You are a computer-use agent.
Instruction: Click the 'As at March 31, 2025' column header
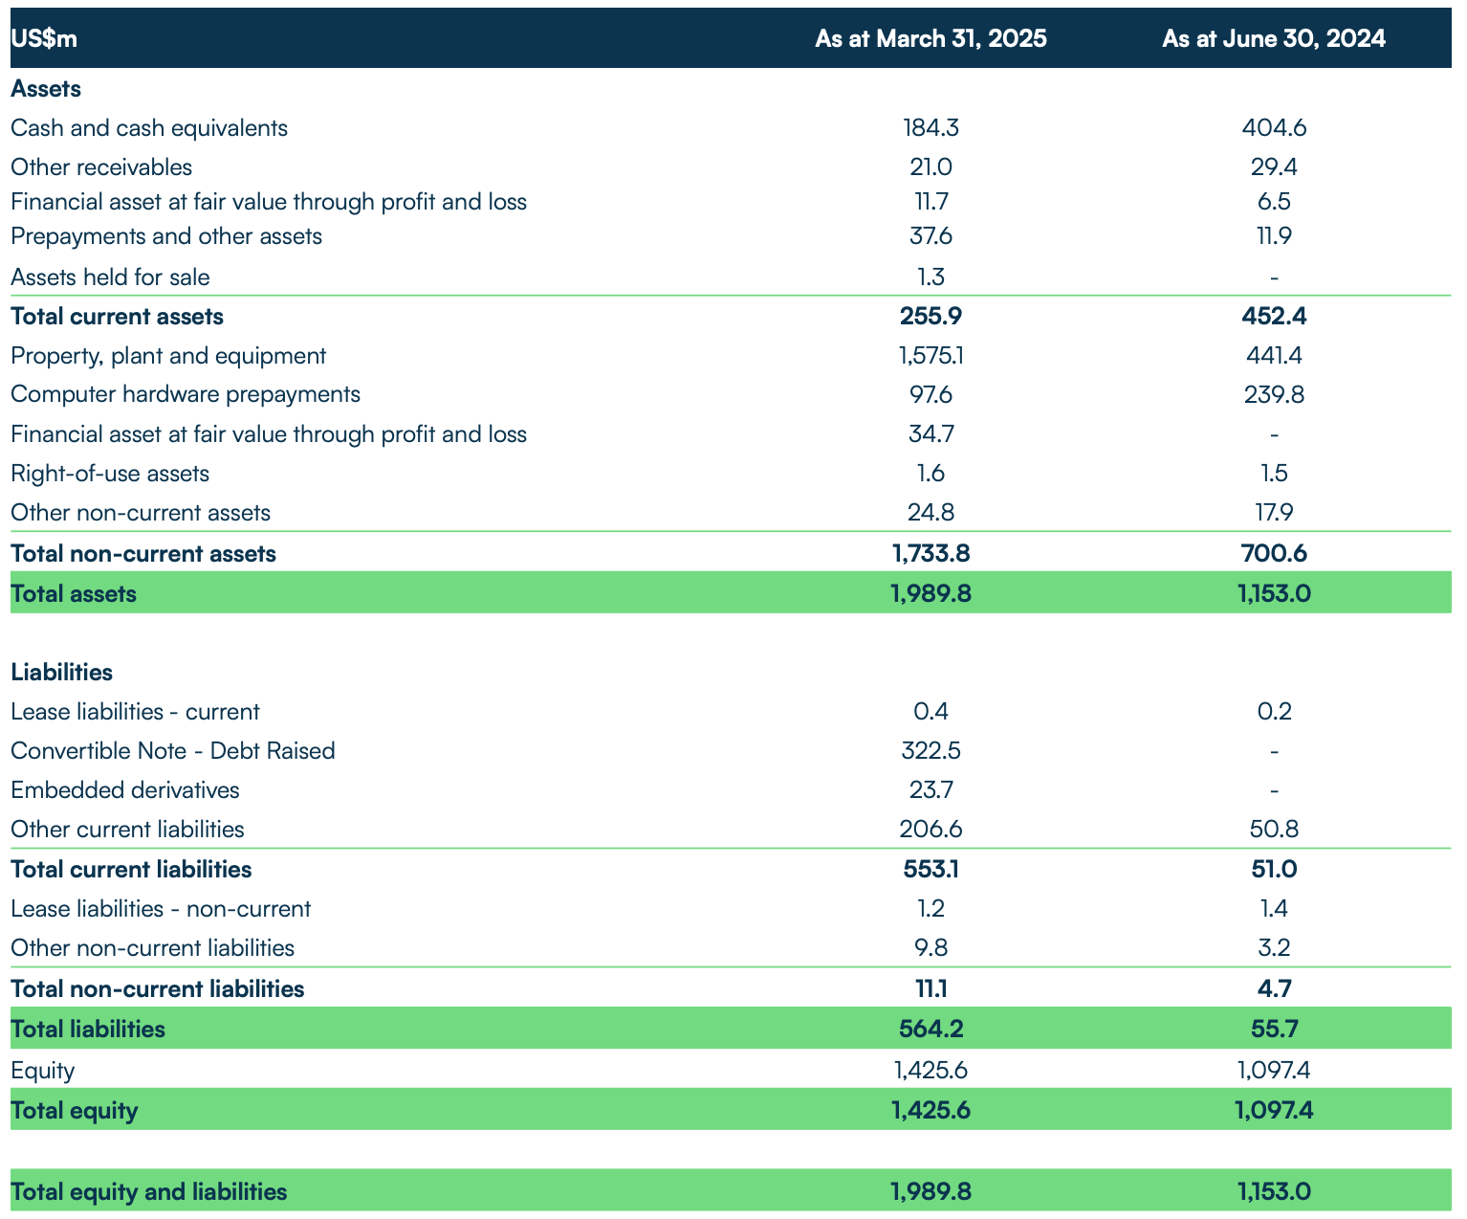pos(931,38)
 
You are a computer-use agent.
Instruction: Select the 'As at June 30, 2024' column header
pos(1274,38)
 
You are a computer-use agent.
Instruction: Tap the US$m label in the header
pos(44,38)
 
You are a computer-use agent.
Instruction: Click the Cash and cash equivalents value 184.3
pos(931,128)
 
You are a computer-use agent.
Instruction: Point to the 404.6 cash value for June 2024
pos(1274,128)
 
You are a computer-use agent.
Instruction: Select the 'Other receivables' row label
pos(101,167)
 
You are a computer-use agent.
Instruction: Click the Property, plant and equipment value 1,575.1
pos(931,356)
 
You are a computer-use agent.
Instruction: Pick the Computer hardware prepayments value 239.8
pos(1274,394)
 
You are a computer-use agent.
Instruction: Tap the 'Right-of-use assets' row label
pos(110,474)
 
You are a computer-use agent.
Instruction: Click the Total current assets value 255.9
pos(931,317)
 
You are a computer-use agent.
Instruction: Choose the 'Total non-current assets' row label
pos(143,553)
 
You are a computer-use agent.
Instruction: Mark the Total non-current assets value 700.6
pos(1274,553)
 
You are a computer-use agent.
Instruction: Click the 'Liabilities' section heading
pos(62,672)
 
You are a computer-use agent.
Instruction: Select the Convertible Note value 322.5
pos(931,750)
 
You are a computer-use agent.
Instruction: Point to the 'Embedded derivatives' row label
pos(125,790)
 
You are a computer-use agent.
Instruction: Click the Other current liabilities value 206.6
pos(931,830)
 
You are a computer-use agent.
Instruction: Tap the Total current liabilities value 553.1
pos(931,869)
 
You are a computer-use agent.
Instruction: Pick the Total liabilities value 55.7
pos(1274,1029)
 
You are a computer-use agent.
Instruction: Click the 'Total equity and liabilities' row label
pos(149,1191)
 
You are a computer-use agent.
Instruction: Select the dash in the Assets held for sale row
pos(1274,277)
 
